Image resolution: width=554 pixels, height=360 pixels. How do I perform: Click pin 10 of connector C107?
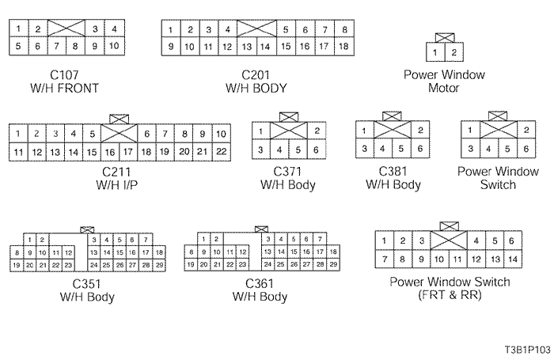click(114, 46)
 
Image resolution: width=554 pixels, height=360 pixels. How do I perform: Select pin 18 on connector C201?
click(343, 46)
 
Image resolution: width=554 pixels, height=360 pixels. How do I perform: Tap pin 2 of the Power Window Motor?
click(453, 53)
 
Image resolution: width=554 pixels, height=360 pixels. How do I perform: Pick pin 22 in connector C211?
click(221, 151)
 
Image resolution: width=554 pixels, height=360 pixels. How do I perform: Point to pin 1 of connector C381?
click(364, 131)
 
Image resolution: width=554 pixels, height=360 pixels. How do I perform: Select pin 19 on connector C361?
click(191, 265)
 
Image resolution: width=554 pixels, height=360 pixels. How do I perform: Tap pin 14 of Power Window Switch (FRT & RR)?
click(512, 259)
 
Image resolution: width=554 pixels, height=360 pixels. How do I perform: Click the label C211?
click(116, 171)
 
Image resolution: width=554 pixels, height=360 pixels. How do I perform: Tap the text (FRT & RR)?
click(450, 295)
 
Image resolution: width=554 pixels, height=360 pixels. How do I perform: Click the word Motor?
click(443, 88)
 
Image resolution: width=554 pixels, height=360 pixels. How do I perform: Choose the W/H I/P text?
click(116, 184)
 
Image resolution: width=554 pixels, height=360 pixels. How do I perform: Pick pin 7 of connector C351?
click(145, 238)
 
